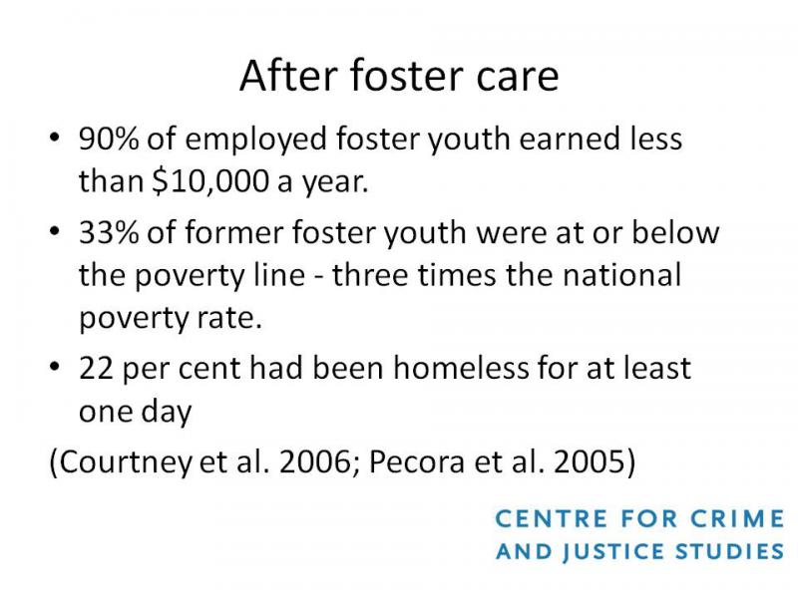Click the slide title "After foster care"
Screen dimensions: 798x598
400,76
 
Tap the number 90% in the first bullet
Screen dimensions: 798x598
109,139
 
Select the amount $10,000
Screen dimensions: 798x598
210,181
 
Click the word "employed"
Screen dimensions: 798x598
255,140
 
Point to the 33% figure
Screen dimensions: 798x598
109,232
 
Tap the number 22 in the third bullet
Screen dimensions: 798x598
96,368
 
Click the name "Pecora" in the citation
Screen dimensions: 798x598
417,462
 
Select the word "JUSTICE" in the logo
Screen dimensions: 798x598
613,553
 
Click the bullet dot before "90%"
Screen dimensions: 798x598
55,138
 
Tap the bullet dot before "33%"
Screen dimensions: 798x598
55,231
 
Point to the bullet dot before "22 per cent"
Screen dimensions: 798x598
55,367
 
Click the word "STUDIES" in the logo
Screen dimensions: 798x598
730,552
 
